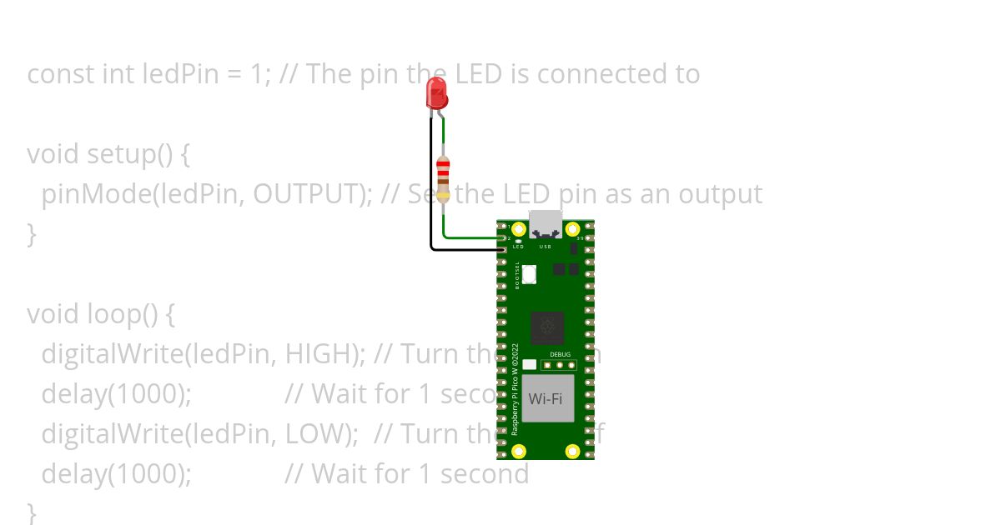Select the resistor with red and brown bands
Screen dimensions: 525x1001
tap(443, 178)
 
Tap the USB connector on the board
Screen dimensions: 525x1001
tap(546, 223)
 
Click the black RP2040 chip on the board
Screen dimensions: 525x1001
tap(547, 327)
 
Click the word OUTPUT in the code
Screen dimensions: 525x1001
tap(306, 194)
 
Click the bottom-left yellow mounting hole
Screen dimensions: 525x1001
tap(518, 452)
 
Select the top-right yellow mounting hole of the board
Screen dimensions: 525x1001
tap(572, 228)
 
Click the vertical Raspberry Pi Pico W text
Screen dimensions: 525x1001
tap(515, 388)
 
